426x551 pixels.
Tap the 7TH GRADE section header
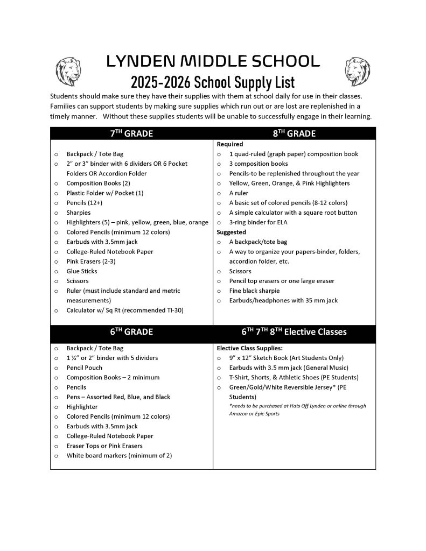[x=131, y=134]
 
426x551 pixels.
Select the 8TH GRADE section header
[x=294, y=134]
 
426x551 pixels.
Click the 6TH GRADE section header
[x=131, y=332]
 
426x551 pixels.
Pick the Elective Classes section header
[x=294, y=332]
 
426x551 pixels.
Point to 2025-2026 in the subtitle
[x=161, y=82]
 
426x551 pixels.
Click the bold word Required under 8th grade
[x=230, y=144]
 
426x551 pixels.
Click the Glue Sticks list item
[x=82, y=271]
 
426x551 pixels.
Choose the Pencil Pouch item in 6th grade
[x=84, y=368]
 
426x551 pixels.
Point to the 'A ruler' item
[x=239, y=193]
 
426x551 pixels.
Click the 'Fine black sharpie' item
[x=254, y=291]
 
